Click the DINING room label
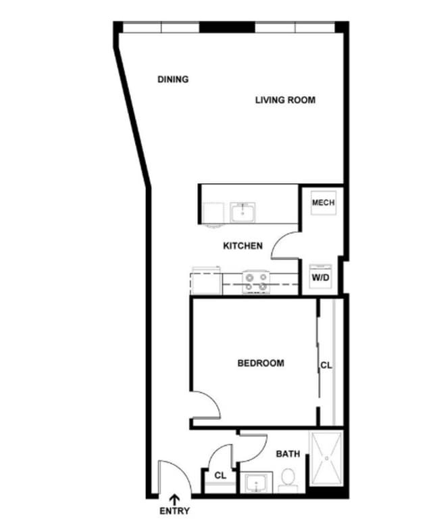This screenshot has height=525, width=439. (173, 79)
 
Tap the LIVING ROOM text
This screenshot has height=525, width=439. (285, 100)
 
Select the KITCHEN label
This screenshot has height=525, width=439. (242, 246)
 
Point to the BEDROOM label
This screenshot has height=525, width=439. (261, 363)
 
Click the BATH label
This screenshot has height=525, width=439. (288, 454)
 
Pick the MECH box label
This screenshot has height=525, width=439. (322, 203)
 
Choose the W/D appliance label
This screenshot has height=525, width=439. (320, 277)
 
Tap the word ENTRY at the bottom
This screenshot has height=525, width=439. (174, 511)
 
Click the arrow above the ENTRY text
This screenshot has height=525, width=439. (174, 499)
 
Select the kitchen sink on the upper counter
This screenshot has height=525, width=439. (241, 212)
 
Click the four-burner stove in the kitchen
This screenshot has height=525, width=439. (257, 282)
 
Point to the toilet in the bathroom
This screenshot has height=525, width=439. (288, 479)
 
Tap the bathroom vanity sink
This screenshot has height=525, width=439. (255, 483)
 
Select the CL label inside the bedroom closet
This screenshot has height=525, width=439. (326, 366)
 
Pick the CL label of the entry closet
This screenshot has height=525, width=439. (220, 476)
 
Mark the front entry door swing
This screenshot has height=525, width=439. (169, 478)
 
